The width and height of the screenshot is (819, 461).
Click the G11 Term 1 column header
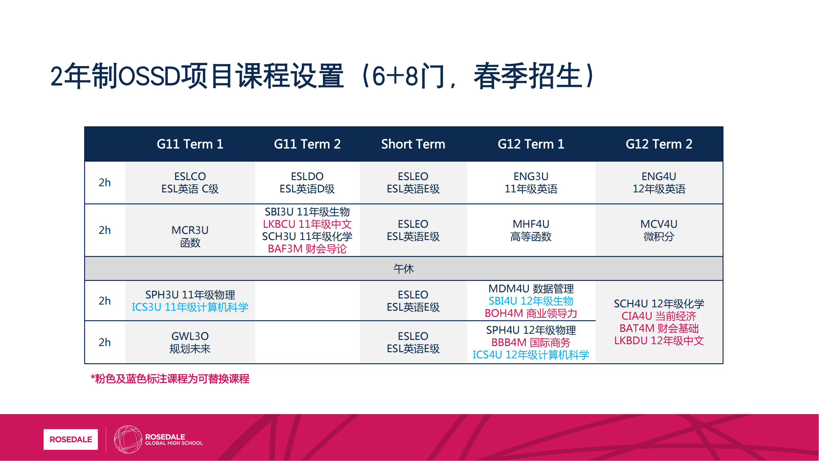(x=190, y=144)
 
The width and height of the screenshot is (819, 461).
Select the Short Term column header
(x=413, y=144)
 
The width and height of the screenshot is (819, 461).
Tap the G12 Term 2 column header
(x=659, y=144)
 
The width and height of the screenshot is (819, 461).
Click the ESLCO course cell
(x=190, y=183)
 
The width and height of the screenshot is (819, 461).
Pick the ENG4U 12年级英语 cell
(x=659, y=183)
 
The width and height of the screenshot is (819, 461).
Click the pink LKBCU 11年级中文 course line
(x=307, y=224)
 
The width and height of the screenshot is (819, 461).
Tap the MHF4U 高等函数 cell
(x=531, y=230)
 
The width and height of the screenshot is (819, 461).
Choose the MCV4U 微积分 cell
(x=659, y=230)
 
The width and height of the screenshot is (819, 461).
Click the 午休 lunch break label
(x=404, y=269)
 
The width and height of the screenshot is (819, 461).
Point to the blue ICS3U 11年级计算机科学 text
(x=190, y=307)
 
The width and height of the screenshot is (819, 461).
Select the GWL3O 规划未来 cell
(x=190, y=343)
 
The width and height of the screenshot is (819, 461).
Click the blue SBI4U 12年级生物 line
(x=531, y=301)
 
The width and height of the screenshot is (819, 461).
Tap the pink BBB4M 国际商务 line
(x=531, y=343)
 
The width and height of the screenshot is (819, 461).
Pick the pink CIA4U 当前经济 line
(x=659, y=316)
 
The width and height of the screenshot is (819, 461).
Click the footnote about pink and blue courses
(x=170, y=379)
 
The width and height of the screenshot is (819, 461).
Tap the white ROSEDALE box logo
(x=71, y=440)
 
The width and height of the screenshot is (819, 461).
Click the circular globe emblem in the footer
(x=128, y=440)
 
